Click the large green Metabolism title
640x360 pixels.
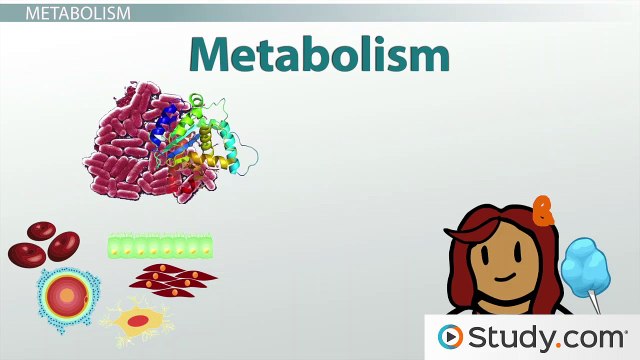click(x=319, y=54)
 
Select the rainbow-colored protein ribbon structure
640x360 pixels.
click(x=205, y=145)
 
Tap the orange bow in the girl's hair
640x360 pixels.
click(x=543, y=210)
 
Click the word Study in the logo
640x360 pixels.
click(x=509, y=337)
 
